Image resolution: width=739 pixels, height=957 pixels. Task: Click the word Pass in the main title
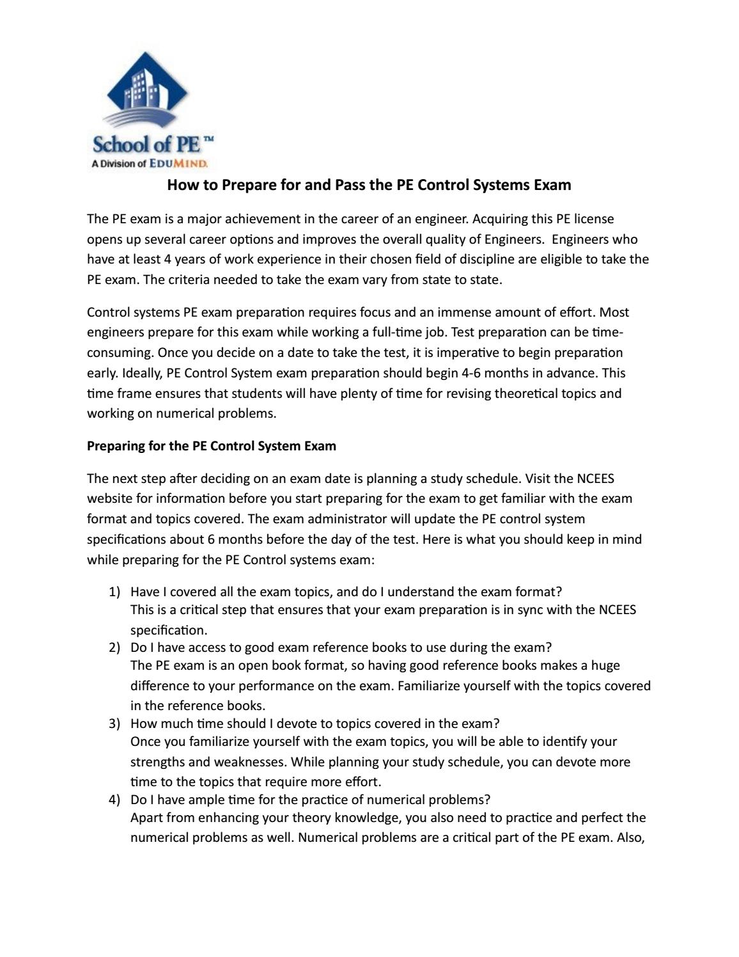point(345,186)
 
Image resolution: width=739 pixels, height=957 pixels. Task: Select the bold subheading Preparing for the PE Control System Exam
point(211,446)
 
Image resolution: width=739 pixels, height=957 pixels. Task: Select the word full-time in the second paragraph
point(398,333)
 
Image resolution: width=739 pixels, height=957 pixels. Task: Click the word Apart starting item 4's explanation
point(146,818)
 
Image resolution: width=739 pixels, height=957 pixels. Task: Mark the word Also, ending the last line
point(631,838)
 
